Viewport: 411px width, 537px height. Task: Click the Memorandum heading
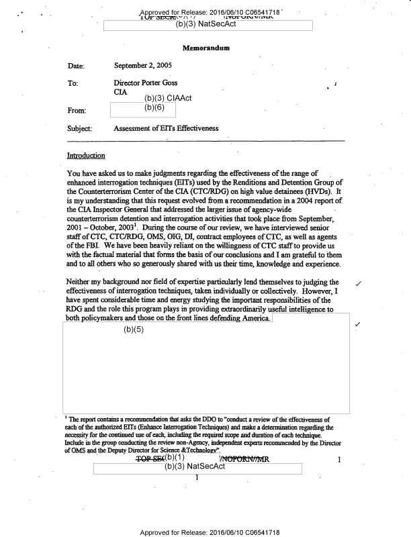click(205, 48)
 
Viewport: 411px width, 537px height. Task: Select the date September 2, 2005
click(144, 66)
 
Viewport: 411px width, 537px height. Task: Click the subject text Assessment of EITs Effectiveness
click(166, 128)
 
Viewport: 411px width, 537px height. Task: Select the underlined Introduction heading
click(86, 156)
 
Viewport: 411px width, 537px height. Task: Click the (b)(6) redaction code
click(155, 107)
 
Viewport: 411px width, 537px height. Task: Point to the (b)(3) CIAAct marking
click(168, 98)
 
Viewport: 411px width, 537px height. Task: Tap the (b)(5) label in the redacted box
click(134, 330)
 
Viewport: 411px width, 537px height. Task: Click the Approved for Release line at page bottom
click(210, 532)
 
